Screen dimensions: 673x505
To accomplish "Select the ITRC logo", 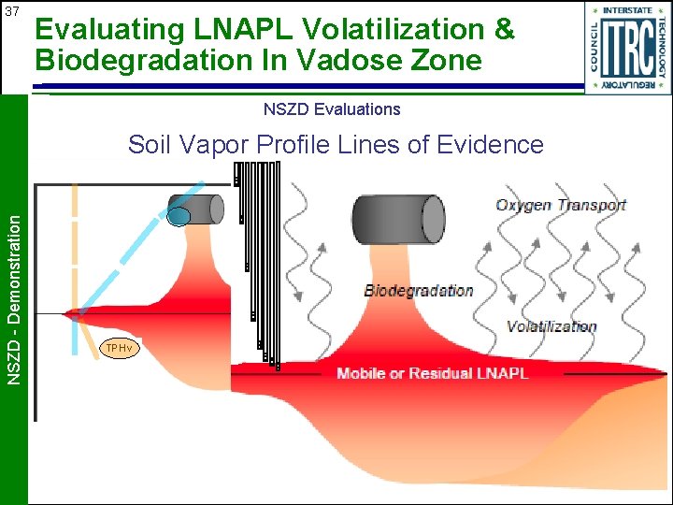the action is click(627, 48).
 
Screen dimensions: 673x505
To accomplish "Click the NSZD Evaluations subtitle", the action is click(332, 109).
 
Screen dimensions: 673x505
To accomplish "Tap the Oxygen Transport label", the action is click(561, 206).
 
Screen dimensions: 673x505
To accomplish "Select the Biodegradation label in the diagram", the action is click(419, 291).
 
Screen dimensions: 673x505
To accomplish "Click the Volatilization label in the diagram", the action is click(551, 326).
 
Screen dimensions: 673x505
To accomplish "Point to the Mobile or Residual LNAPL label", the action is click(432, 373).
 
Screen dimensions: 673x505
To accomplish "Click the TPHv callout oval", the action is click(119, 349).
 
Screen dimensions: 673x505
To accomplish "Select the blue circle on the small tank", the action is click(179, 217).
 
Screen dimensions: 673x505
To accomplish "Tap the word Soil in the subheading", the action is click(150, 145).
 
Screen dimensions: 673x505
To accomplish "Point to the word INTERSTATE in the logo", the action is click(627, 10).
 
